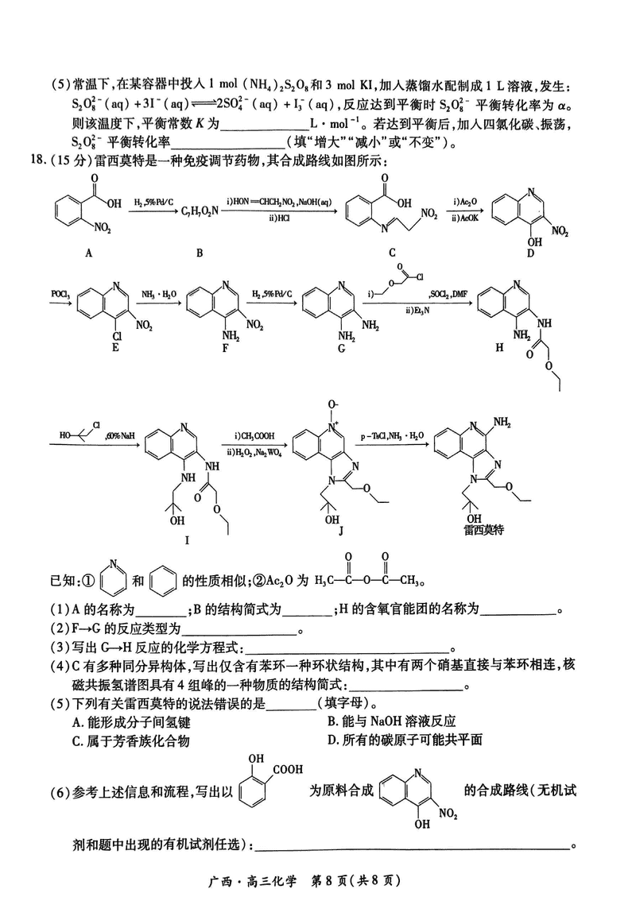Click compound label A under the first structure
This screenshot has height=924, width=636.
[88, 252]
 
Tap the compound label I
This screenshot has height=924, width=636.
[187, 539]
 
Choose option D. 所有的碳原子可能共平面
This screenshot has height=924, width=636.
[405, 740]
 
